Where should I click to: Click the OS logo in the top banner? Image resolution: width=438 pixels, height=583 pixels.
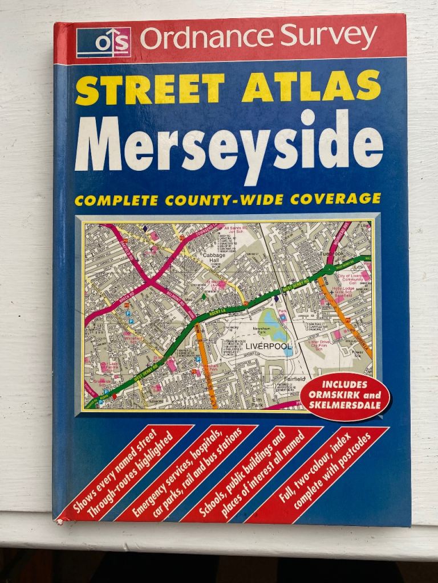click(x=104, y=42)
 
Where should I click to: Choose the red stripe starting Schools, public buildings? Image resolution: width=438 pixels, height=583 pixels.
click(x=251, y=473)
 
